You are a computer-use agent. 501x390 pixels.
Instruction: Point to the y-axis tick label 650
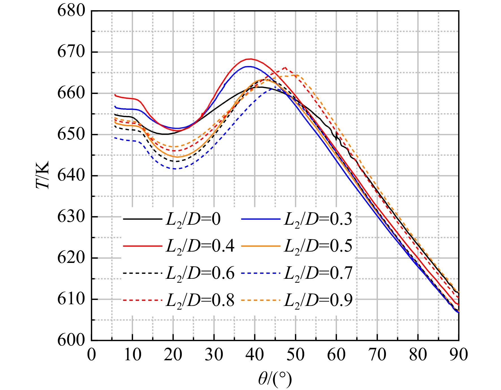[x=71, y=134]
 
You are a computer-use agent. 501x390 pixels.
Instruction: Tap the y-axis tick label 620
[x=71, y=258]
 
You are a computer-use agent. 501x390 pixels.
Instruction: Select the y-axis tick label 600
[x=71, y=340]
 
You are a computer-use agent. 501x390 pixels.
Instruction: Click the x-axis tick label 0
[x=92, y=354]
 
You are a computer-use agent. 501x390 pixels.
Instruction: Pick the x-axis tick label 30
[x=214, y=354]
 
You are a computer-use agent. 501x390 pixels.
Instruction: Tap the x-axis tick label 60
[x=336, y=354]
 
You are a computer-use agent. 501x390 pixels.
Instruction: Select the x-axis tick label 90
[x=459, y=354]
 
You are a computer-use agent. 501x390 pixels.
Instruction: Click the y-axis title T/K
[x=43, y=175]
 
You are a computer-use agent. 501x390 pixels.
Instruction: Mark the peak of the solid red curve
[x=250, y=59]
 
